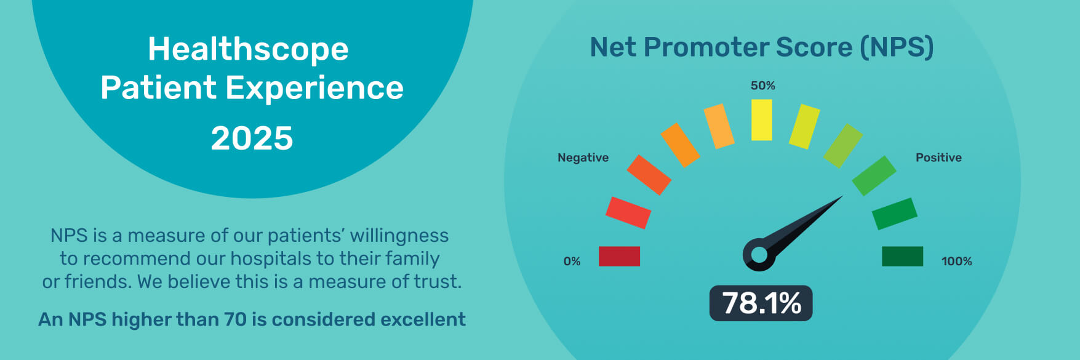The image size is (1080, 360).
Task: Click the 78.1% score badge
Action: point(761,303)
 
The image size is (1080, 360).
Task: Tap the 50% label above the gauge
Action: point(762,86)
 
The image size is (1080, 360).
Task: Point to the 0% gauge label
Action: point(572,262)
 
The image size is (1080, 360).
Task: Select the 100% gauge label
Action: point(956,262)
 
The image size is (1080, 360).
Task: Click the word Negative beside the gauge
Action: point(583,158)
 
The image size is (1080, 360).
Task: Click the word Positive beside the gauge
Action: point(938,158)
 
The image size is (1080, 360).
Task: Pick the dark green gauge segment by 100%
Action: point(902,256)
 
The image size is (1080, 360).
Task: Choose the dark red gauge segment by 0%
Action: point(619,256)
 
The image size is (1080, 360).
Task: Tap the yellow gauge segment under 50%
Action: point(762,120)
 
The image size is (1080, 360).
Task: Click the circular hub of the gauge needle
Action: point(759,254)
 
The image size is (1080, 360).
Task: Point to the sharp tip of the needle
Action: point(842,196)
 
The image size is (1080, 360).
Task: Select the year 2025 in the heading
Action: point(252,138)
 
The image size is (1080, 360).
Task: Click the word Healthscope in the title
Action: point(248,50)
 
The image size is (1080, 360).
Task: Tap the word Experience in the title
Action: point(314,89)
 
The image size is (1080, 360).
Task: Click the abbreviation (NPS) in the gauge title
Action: point(897,47)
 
